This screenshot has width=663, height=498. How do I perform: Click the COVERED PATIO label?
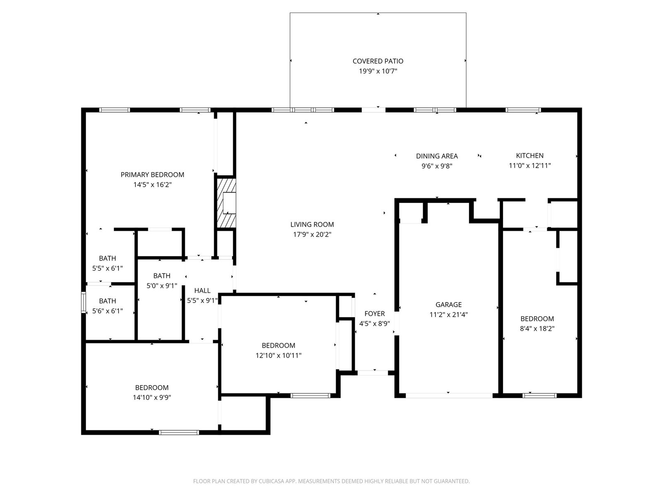click(x=378, y=61)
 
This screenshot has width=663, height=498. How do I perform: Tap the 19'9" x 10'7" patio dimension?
click(x=378, y=71)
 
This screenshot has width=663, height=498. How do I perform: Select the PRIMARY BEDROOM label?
click(x=152, y=174)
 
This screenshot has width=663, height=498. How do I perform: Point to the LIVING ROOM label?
click(x=312, y=225)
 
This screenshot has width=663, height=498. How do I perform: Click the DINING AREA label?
click(x=437, y=156)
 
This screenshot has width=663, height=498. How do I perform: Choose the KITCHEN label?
click(x=530, y=155)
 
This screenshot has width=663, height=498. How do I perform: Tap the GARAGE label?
click(x=448, y=305)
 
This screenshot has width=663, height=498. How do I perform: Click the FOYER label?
click(x=375, y=314)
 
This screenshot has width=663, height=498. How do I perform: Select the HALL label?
click(x=202, y=290)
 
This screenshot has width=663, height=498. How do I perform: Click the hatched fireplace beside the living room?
click(x=226, y=203)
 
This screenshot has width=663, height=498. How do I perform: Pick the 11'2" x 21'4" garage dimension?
click(x=448, y=315)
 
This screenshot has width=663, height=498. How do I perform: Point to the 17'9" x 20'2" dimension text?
click(x=312, y=234)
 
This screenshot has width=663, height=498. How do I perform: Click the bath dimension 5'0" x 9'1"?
click(x=162, y=286)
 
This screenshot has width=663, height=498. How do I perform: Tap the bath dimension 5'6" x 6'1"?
click(x=107, y=311)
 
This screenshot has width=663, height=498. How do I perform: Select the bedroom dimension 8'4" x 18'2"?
click(x=537, y=328)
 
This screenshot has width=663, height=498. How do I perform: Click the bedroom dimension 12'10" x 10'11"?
click(x=278, y=355)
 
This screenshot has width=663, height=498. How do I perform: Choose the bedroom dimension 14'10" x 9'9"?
click(x=152, y=397)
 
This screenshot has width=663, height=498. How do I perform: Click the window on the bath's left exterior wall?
click(x=84, y=302)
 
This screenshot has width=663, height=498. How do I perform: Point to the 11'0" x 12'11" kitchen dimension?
click(x=530, y=166)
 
